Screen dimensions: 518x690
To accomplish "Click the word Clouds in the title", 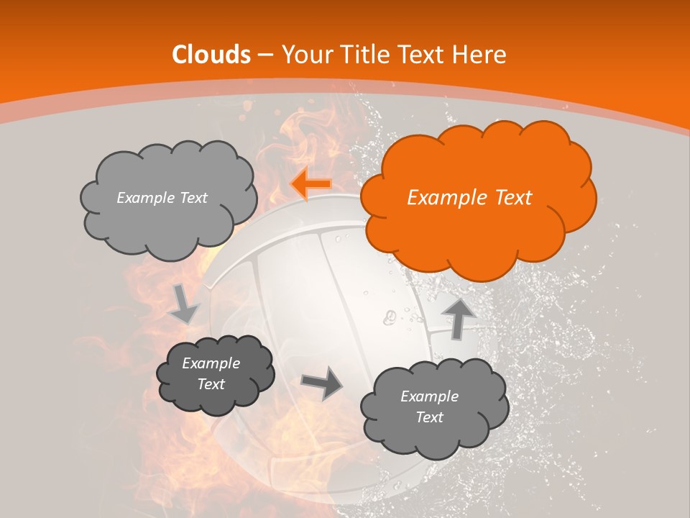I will (x=211, y=55).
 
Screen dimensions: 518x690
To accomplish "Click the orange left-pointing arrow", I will (x=311, y=184).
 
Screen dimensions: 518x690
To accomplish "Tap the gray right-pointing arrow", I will (x=322, y=382).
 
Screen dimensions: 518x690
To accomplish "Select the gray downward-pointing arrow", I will (x=184, y=304).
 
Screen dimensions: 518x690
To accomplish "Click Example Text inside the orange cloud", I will (x=469, y=198).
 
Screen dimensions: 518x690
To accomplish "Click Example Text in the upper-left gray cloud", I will (x=162, y=198).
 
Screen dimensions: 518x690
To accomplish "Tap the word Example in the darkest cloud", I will (x=211, y=363).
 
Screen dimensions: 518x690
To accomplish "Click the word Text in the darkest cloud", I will (x=211, y=384).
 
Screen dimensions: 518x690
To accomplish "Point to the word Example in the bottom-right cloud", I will (x=429, y=396).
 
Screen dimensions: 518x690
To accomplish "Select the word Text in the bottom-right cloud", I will (x=429, y=417).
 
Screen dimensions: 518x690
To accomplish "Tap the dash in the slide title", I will (x=265, y=55).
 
